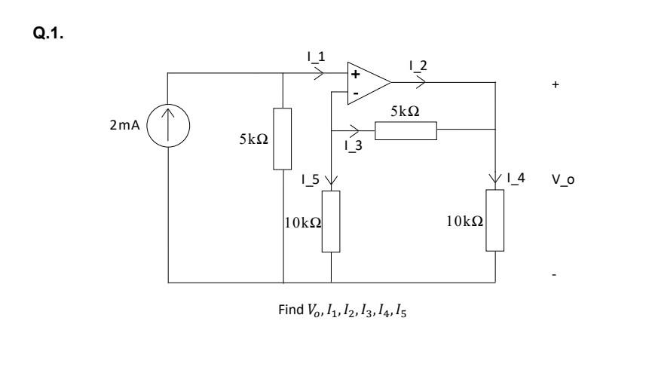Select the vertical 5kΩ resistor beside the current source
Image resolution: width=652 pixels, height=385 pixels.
point(282,139)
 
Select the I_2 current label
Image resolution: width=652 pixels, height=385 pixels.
point(416,66)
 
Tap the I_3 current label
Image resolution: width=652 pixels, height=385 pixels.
point(350,147)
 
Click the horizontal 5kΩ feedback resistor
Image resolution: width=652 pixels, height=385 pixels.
point(406,130)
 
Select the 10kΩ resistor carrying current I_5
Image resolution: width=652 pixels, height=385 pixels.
point(331,221)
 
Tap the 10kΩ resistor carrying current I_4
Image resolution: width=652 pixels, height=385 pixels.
point(495,221)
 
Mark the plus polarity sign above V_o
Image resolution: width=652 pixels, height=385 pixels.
point(556,85)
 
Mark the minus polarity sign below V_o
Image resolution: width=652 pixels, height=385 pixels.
point(556,276)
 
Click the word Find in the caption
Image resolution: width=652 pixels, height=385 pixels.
point(291,313)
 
